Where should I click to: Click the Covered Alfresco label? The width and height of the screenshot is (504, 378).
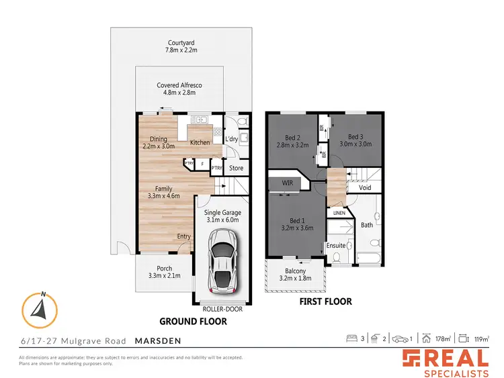coord(179,89)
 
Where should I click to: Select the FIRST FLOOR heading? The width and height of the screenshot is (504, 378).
coord(325,301)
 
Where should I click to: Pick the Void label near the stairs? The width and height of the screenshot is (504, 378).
coord(365,188)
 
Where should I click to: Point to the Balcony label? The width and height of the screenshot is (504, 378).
coord(295,275)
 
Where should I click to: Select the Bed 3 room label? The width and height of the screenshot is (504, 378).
coord(356,140)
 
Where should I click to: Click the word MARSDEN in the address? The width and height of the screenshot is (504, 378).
coord(157,340)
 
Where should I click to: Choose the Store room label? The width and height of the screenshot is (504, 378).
coord(236,168)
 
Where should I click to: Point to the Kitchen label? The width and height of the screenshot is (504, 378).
coord(200,142)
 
